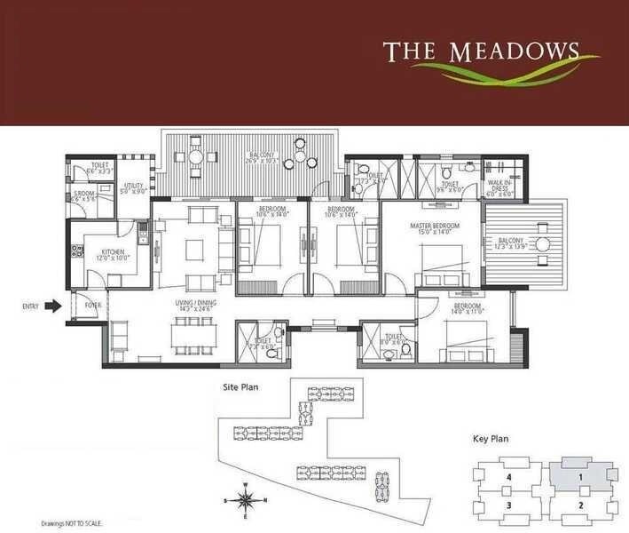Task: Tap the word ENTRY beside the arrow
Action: coord(30,306)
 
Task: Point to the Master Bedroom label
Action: coord(435,227)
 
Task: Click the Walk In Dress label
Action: coord(497,187)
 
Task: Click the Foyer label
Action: coord(92,306)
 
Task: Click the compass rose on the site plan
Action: coord(247,500)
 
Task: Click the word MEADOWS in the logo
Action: coord(514,51)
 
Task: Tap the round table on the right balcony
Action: coord(540,243)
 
